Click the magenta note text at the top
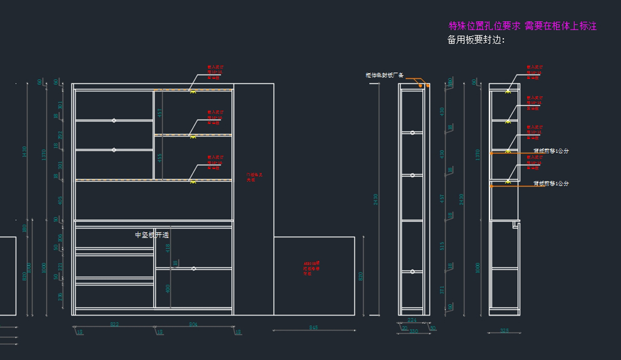click(x=522, y=26)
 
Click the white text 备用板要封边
click(x=476, y=40)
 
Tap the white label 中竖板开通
click(x=152, y=235)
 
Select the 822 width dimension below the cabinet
click(x=114, y=324)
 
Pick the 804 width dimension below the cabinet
click(x=193, y=324)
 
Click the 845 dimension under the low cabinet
click(x=314, y=327)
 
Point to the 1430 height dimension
click(x=24, y=152)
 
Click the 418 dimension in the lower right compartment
click(x=168, y=248)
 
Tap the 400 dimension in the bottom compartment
click(x=168, y=289)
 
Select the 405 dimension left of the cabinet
click(x=60, y=200)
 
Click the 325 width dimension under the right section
click(x=505, y=331)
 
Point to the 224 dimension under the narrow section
click(x=412, y=320)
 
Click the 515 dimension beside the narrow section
click(x=442, y=246)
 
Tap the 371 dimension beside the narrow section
click(x=442, y=290)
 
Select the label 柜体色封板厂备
click(x=384, y=76)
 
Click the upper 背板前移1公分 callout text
click(x=551, y=151)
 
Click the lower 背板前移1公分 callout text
click(x=551, y=184)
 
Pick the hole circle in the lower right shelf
click(x=194, y=268)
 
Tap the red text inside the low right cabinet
click(x=312, y=268)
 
